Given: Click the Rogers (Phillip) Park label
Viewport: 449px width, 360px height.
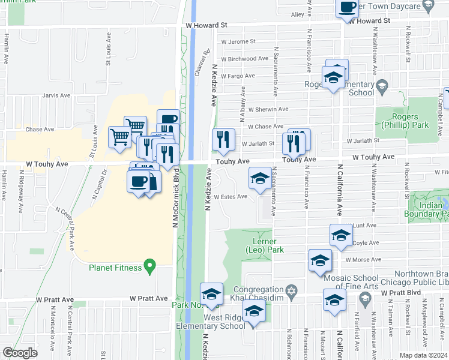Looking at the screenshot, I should coord(406,121).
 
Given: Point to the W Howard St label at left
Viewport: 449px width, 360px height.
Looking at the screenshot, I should coord(207,26).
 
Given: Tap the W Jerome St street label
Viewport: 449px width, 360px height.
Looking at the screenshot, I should coord(238,42).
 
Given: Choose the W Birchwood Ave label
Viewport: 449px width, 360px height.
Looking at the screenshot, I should coord(244,59).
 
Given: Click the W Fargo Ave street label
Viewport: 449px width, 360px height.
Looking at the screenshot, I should coord(238,76).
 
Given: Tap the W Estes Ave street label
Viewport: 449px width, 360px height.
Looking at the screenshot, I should coord(231,196).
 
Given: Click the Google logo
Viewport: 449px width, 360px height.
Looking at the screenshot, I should coord(20,352).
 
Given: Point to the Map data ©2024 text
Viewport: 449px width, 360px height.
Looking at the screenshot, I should coord(424,355).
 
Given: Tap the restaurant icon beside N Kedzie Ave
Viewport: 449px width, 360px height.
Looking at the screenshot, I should coord(223,139).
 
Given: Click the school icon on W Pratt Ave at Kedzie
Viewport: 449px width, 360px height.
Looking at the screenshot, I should coord(211,294).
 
